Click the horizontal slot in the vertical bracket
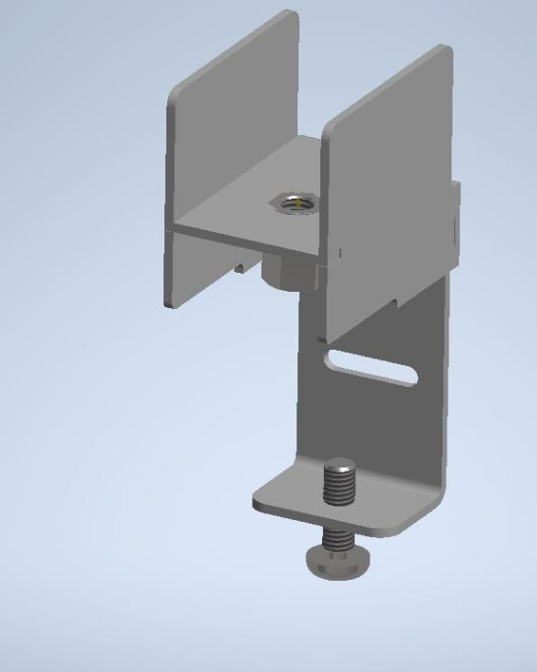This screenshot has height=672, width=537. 372,368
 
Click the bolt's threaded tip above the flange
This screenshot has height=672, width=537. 337,483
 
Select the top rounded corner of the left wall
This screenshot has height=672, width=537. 289,16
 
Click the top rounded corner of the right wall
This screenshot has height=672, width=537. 443,50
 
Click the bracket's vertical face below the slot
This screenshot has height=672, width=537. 371,428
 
